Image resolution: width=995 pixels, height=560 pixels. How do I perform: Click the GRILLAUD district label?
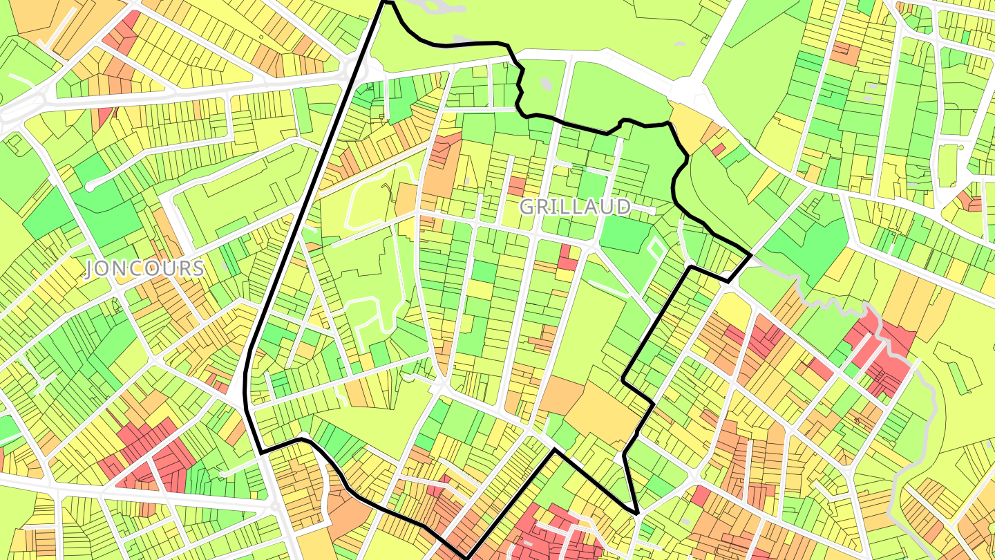[575, 206]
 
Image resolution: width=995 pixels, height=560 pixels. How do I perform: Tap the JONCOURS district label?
[145, 269]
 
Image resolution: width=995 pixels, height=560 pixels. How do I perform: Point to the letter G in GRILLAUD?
[527, 206]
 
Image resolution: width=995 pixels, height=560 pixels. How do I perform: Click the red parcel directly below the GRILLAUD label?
[567, 257]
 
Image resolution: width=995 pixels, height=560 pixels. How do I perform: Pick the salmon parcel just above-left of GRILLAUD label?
[516, 185]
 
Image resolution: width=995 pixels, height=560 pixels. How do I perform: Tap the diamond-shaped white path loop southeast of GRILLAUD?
[655, 246]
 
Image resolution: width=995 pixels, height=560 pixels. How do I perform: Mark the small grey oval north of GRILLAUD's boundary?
[547, 84]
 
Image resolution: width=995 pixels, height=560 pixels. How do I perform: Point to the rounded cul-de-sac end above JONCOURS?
[91, 186]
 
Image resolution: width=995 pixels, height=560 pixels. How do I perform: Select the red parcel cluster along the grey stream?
[881, 353]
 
